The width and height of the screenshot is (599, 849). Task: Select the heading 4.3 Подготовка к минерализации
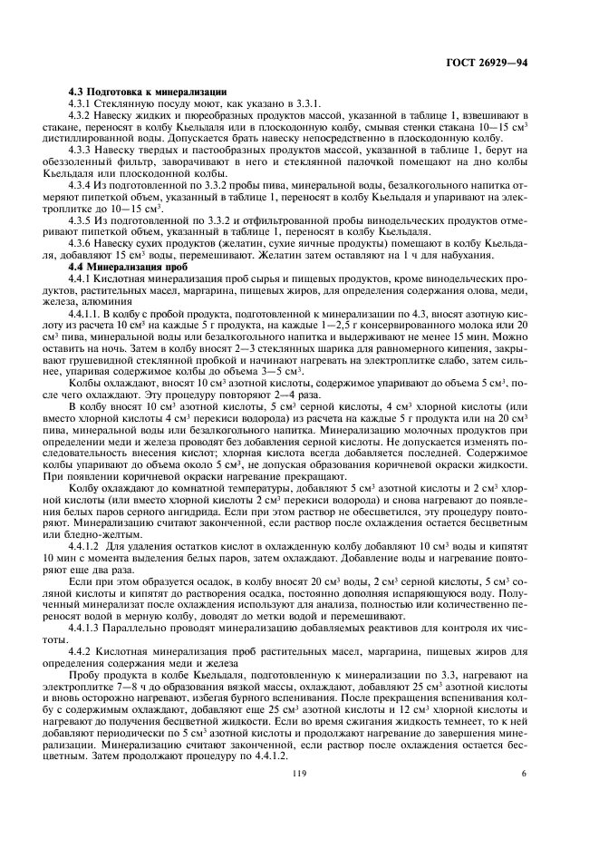[148, 93]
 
